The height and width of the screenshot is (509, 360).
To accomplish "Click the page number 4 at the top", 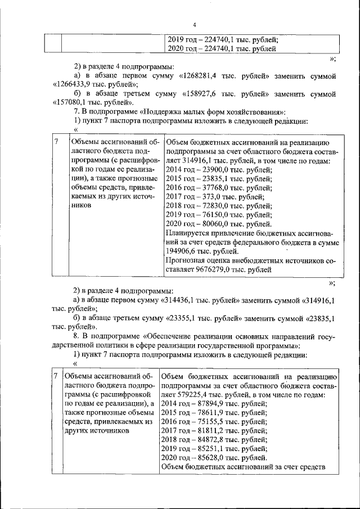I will point(194,25).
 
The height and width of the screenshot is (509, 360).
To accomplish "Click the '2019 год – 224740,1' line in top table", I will point(223,40).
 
